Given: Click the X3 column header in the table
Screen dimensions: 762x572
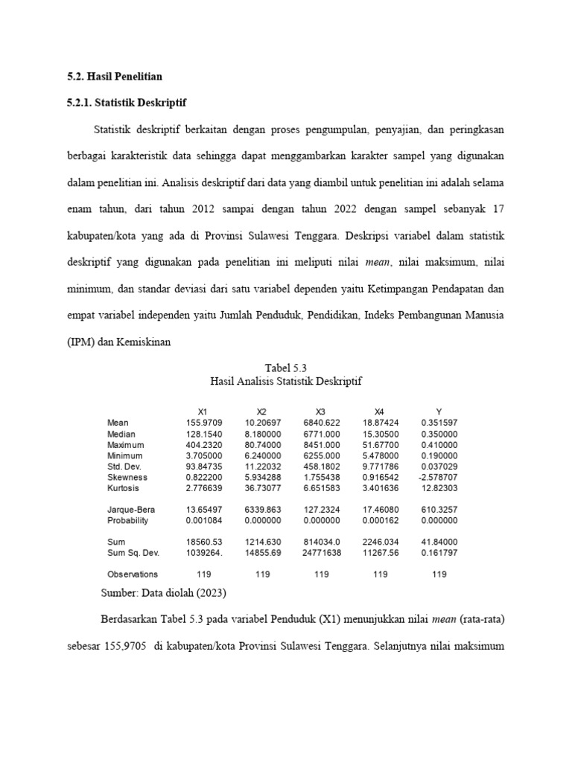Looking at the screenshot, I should coord(321,412).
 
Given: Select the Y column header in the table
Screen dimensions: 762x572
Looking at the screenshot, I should coord(439,412).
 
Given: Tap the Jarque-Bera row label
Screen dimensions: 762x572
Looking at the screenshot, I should coord(129,510).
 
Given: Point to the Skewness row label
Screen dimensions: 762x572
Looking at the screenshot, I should coord(127,477).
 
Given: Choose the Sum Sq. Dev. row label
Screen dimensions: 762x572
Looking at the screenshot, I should coord(133,553).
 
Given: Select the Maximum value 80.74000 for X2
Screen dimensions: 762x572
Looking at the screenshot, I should coord(261,444).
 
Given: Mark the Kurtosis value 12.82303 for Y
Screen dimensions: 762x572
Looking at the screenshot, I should coord(439,488).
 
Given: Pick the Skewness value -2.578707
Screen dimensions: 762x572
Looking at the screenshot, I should coord(439,477).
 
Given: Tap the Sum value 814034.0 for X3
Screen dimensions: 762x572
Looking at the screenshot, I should coord(321,542).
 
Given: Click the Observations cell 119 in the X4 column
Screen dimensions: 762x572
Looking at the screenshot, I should coord(380,574).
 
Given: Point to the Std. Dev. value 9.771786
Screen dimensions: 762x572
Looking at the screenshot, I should coord(380,466).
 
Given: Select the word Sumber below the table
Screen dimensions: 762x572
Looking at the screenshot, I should coord(118,593).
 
